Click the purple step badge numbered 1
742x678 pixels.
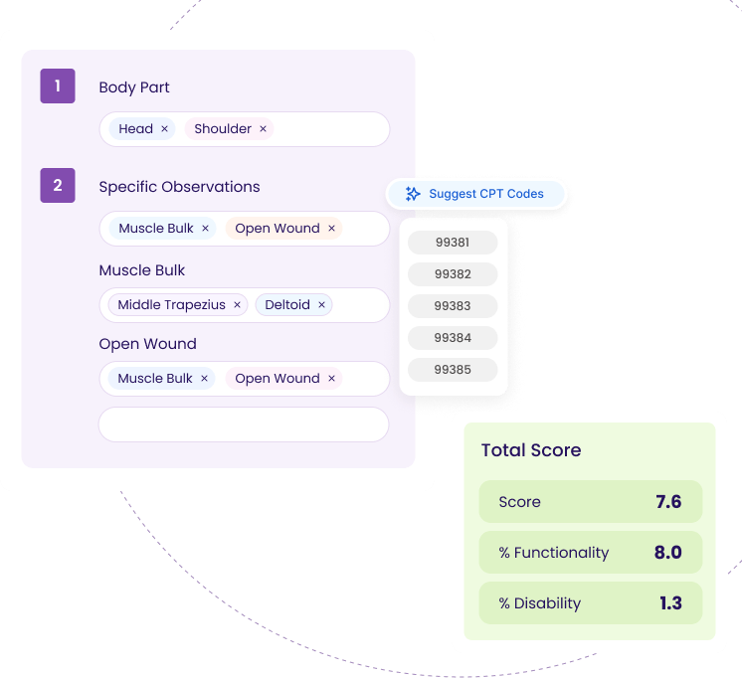pos(58,86)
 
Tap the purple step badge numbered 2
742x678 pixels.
pos(58,185)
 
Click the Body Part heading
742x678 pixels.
pos(134,87)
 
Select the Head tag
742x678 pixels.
pos(135,129)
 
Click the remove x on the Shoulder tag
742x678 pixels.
pos(264,129)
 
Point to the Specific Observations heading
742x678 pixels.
pos(179,187)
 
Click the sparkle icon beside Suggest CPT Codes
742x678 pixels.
pos(413,194)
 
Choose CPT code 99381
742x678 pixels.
pos(453,242)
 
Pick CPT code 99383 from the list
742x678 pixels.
pos(453,305)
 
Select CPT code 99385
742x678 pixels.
pos(453,369)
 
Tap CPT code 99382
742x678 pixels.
pos(453,273)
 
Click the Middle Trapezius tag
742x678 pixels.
pos(171,305)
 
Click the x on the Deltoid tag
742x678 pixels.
pos(321,305)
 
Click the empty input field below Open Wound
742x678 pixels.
pos(244,424)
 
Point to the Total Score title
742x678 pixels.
pos(531,450)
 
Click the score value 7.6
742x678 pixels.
pos(668,502)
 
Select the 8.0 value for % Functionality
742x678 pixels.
pos(668,553)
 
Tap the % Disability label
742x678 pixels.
pos(540,603)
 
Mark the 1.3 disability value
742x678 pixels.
pos(669,603)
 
